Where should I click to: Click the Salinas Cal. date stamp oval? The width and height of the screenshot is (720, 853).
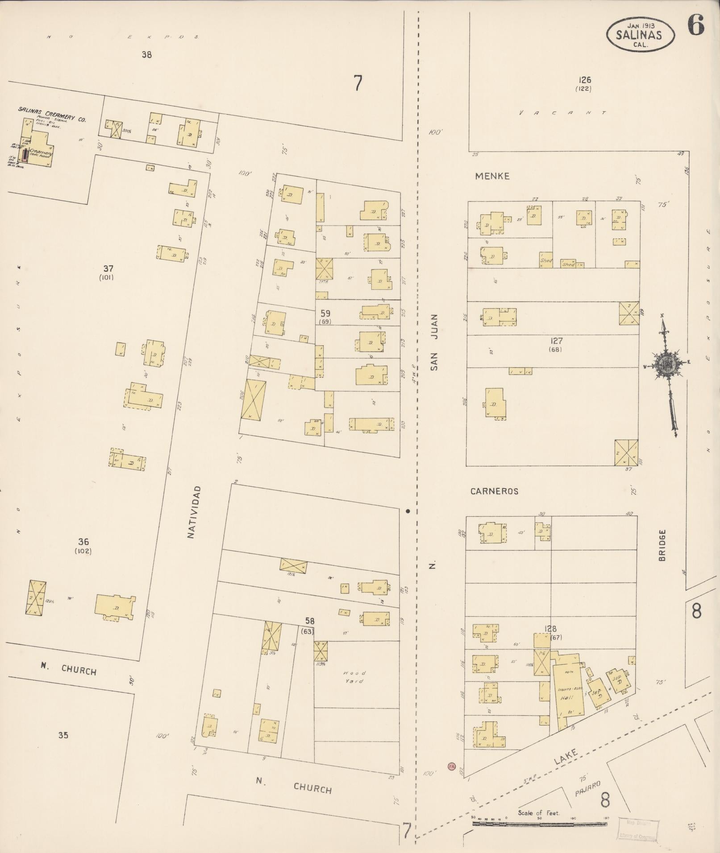click(x=640, y=34)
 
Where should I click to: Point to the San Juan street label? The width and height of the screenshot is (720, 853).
click(x=434, y=342)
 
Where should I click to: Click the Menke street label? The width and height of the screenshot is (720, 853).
click(x=492, y=176)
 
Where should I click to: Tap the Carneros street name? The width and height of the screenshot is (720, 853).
click(x=494, y=491)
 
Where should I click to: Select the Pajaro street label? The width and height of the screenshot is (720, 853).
click(x=587, y=789)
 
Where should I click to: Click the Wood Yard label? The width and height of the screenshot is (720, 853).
click(x=354, y=677)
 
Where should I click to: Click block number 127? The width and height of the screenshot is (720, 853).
click(x=557, y=341)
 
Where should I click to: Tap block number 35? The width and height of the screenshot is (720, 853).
click(x=63, y=735)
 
